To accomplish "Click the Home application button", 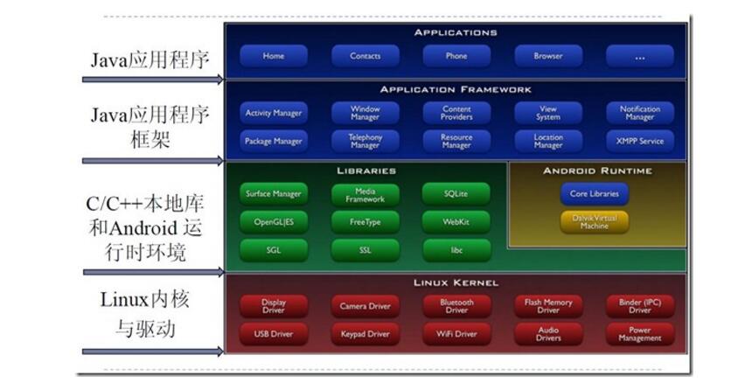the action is coord(274,56).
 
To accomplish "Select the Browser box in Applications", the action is coord(548,56).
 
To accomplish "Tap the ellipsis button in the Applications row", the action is coord(640,56).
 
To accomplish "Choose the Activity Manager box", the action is coord(274,113).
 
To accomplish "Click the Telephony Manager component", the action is coord(365,141).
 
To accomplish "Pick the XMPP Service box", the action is coord(640,141).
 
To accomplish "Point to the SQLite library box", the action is coord(456,193).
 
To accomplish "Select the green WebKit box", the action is coord(456,222).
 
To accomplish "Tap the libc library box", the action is coord(456,250).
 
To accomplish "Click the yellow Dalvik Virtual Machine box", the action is coord(595,222).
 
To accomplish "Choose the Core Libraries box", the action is coord(595,193).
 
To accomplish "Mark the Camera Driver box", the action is coord(365,306).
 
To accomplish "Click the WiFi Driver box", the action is coord(456,334).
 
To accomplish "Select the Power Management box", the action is coord(640,334).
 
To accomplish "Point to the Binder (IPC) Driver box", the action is coord(640,306).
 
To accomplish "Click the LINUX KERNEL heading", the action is coord(456,282).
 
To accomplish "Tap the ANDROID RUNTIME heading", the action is coord(597,171).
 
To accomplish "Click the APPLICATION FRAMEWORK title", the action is coord(456,90).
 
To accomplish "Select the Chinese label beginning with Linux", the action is coord(145,314).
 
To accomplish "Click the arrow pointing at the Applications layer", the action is coord(153,79).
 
